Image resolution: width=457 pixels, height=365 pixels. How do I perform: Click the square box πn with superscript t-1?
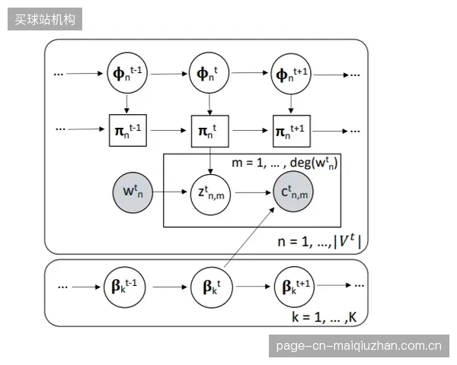[x=128, y=130]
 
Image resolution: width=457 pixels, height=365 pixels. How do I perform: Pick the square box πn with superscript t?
[x=210, y=131]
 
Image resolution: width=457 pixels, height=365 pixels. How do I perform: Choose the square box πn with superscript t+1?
[x=292, y=131]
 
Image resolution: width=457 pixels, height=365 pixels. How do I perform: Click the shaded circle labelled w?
[x=133, y=192]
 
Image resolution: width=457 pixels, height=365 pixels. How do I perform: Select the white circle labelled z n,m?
[x=210, y=194]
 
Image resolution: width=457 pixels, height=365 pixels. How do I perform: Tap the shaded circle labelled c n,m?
[x=293, y=192]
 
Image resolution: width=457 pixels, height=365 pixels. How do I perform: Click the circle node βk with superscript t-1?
[x=124, y=287]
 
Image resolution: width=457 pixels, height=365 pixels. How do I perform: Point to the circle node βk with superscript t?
[x=212, y=287]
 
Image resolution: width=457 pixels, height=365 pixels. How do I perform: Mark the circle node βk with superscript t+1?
[x=294, y=287]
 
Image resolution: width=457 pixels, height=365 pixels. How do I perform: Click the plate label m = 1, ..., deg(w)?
[x=284, y=163]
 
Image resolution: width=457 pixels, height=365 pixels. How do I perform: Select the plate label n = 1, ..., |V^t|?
[x=319, y=242]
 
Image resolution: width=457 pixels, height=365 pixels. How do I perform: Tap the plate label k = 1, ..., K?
[x=324, y=316]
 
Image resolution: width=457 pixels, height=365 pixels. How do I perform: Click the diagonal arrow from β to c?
[x=250, y=237]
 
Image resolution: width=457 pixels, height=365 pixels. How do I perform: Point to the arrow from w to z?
[x=170, y=192]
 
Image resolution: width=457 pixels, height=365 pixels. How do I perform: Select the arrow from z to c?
[x=254, y=192]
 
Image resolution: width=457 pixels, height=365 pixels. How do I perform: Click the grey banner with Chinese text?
[x=45, y=19]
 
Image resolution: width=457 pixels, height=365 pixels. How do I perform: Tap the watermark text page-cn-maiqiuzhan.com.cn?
[x=359, y=346]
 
